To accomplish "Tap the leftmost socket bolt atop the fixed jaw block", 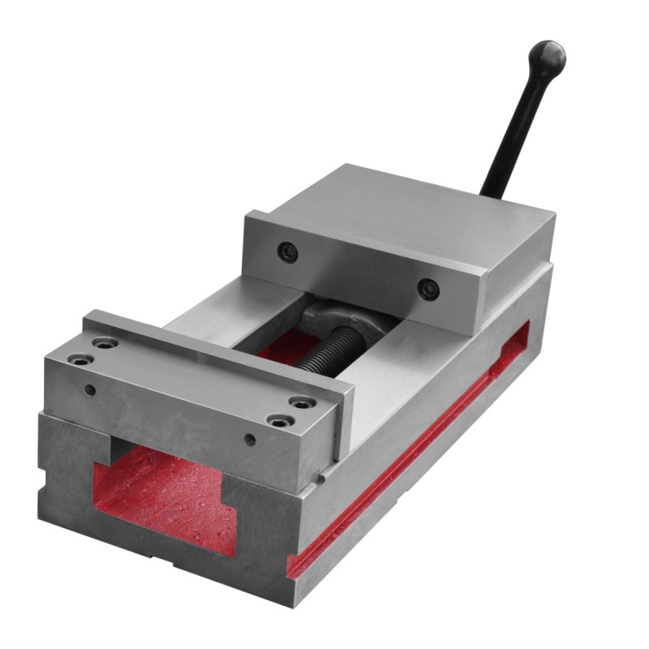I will [x=78, y=358].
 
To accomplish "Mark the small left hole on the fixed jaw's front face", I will [x=90, y=390].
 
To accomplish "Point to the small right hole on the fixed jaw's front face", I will [x=251, y=441].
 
